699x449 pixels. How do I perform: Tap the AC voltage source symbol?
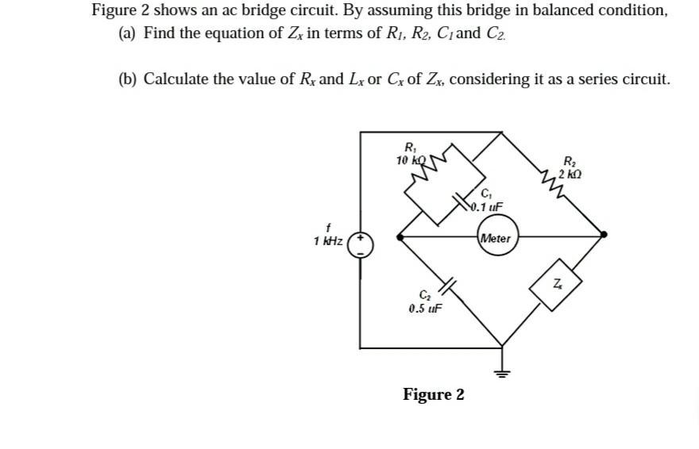tap(361, 243)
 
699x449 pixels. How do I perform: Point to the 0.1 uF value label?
tap(486, 209)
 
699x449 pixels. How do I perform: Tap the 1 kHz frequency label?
tap(328, 241)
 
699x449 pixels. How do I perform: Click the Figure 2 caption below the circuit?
tap(434, 394)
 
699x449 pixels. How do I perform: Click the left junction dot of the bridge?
tap(400, 236)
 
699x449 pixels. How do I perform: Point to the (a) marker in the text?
tap(127, 33)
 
